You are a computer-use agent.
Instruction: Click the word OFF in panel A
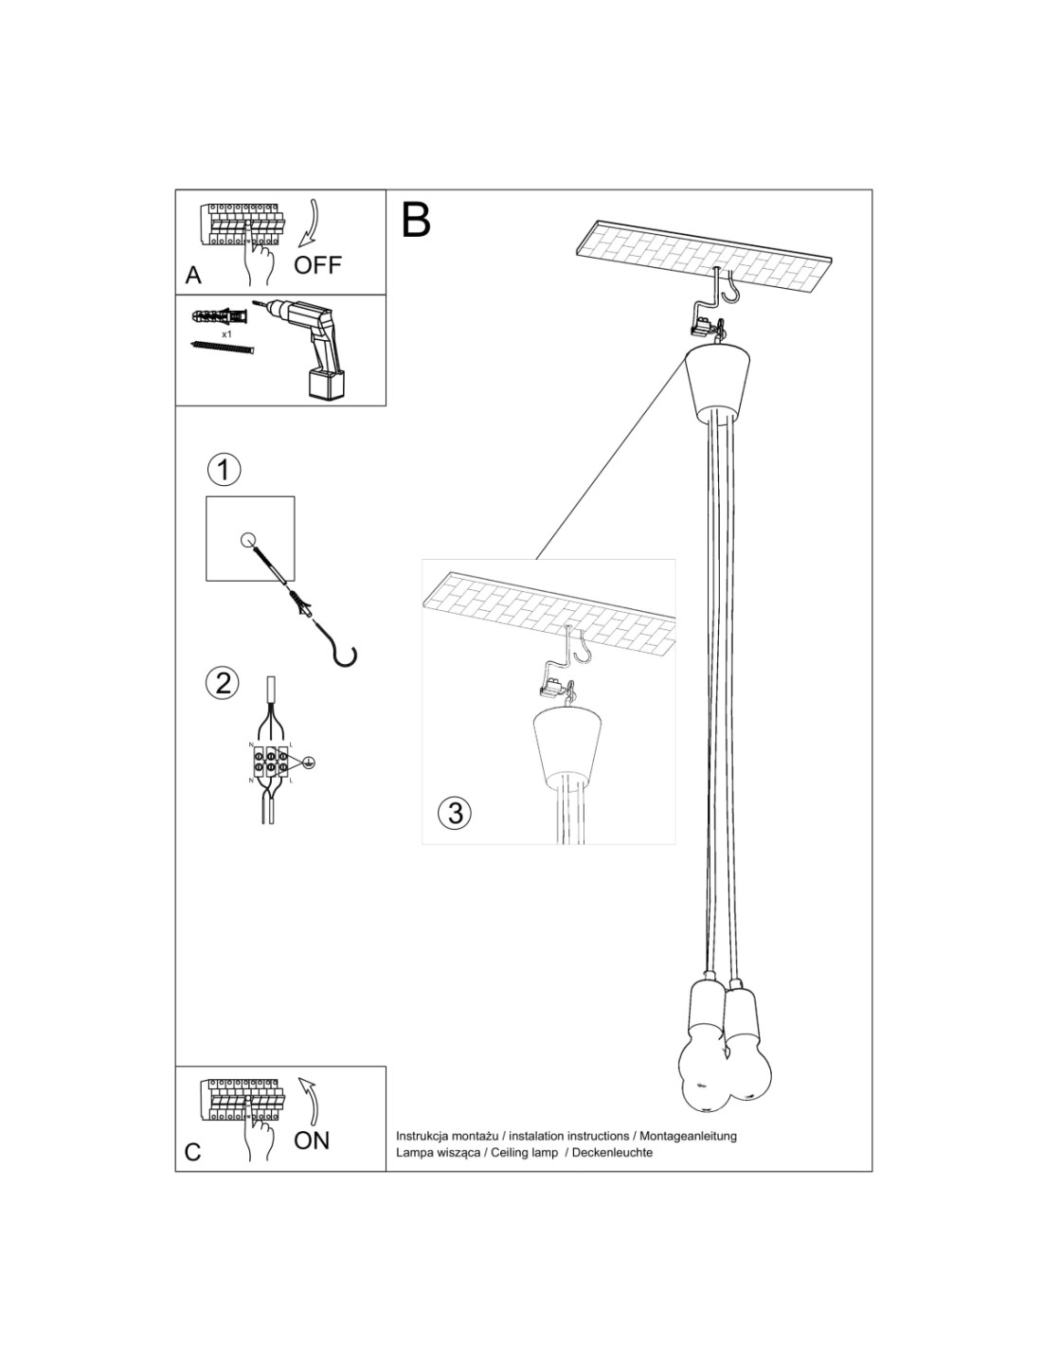316,265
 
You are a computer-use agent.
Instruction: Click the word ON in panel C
312,1140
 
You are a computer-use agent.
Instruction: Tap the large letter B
416,220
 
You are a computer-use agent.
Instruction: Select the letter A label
193,276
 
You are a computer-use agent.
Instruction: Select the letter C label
193,1152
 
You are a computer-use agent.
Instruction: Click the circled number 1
224,469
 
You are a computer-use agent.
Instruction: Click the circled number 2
224,683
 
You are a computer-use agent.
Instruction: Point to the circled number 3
456,813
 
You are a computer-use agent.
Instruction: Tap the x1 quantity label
227,335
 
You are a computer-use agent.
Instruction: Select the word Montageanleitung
690,1136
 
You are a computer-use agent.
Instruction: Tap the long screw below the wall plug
224,348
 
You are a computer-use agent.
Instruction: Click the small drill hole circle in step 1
248,541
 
